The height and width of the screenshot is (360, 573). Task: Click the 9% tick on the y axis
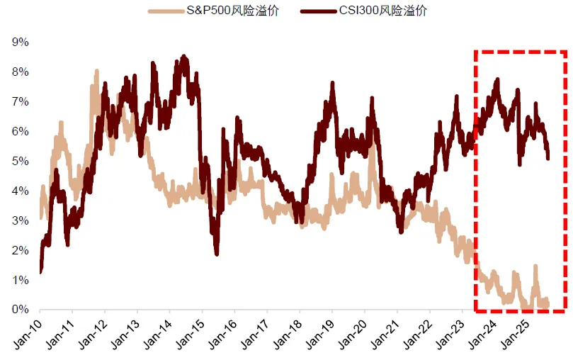click(x=20, y=43)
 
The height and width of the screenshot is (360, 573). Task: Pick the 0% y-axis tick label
click(x=20, y=310)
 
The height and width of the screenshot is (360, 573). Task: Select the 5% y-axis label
click(x=20, y=162)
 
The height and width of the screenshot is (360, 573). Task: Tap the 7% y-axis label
click(x=20, y=102)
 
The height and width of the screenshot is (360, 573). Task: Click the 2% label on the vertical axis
click(x=20, y=251)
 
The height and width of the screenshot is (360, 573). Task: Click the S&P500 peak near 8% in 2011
click(x=96, y=72)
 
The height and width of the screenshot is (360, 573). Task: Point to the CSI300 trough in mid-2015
click(x=216, y=253)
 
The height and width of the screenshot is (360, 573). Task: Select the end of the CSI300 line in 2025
click(x=548, y=157)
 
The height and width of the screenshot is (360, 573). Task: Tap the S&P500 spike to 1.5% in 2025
click(x=535, y=266)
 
